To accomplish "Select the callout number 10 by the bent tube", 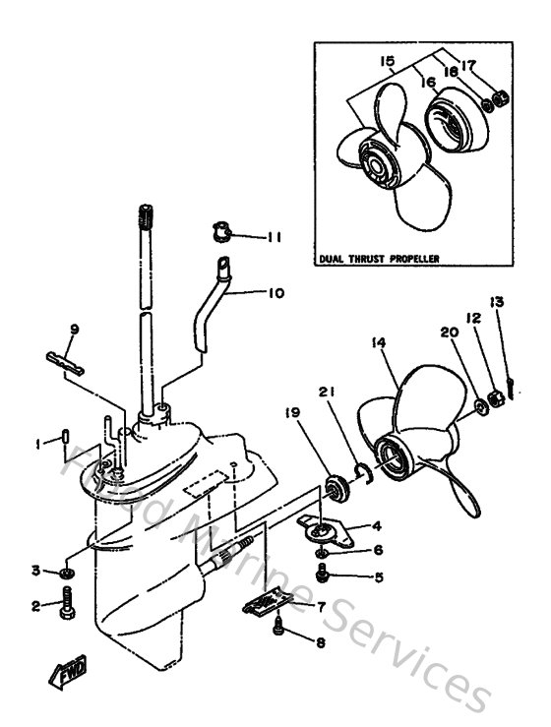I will (x=274, y=292).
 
